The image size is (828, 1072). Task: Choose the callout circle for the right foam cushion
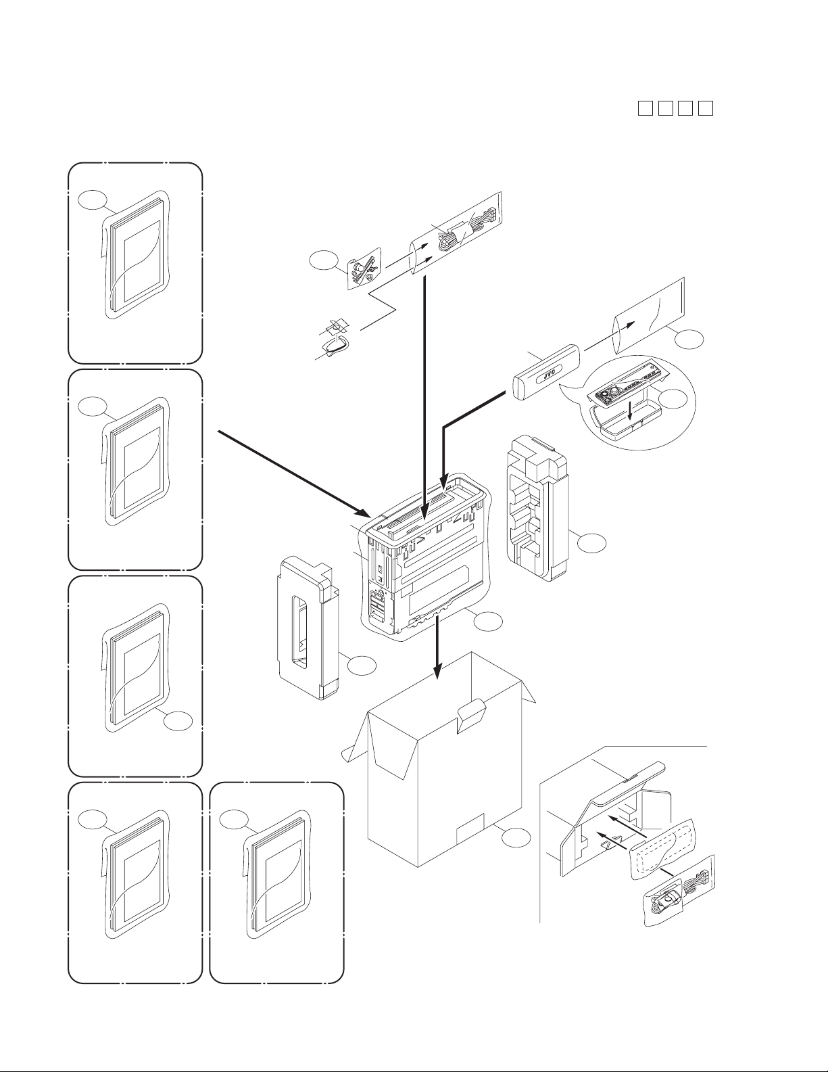coord(592,542)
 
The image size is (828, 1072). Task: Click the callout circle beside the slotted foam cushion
coord(362,666)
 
